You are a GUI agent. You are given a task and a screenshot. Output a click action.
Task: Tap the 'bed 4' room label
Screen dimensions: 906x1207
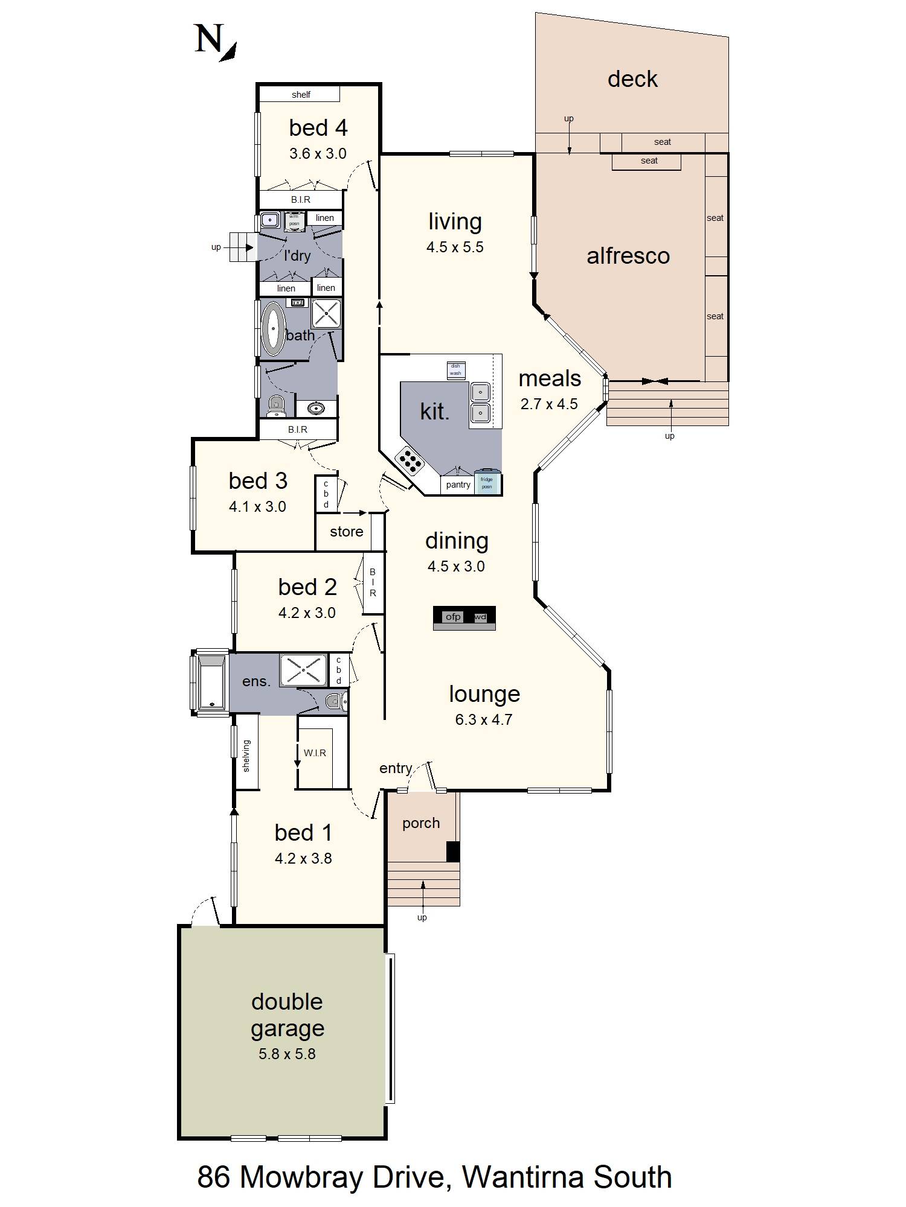point(318,128)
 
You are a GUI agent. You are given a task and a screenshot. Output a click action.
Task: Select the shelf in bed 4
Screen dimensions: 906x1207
point(300,94)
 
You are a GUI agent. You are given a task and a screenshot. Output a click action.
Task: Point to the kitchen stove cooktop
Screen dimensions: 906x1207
point(410,461)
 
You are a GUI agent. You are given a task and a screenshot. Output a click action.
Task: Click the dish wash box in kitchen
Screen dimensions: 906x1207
point(456,370)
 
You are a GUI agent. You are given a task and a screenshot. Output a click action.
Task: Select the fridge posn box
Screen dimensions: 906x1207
point(487,482)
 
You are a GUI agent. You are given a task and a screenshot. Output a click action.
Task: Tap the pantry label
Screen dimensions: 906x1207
point(458,485)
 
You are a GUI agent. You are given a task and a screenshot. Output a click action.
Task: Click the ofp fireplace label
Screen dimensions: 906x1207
point(453,616)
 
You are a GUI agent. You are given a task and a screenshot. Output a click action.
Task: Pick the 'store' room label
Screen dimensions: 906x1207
point(347,532)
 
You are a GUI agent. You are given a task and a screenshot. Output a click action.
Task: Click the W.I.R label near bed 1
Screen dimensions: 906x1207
point(315,753)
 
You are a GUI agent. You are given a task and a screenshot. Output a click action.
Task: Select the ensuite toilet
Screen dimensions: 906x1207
point(336,701)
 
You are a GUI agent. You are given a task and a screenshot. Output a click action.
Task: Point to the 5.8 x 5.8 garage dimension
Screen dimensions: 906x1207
point(287,1054)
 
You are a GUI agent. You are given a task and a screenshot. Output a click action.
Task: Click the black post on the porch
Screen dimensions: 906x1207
point(453,851)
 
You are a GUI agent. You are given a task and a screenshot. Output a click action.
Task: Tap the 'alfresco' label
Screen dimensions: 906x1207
point(628,256)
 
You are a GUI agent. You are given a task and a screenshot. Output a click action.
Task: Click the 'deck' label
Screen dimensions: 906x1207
point(632,79)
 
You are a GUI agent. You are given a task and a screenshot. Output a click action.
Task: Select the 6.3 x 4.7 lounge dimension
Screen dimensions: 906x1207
point(484,719)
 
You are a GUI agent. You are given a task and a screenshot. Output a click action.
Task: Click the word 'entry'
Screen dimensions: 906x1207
point(396,768)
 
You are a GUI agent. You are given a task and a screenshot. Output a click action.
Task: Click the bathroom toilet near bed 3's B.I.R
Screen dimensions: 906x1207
point(276,406)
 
